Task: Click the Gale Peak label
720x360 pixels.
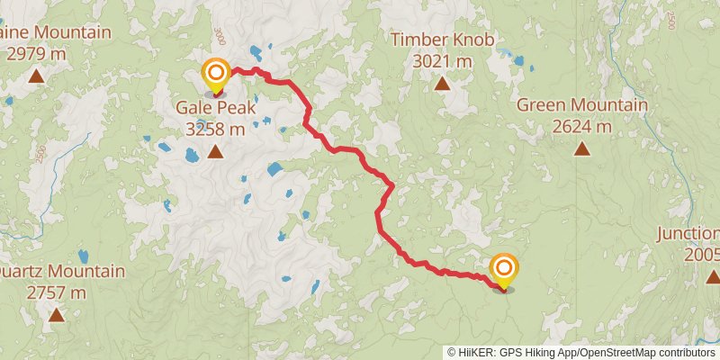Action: click(215, 109)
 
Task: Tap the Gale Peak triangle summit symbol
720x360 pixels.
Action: click(215, 151)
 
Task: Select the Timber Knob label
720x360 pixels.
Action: click(441, 40)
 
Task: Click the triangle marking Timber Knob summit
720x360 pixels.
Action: click(442, 84)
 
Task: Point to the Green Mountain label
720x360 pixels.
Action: click(581, 106)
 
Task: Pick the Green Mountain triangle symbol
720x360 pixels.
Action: click(581, 149)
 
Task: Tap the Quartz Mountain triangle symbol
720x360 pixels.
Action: click(56, 314)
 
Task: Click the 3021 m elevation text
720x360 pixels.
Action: click(441, 61)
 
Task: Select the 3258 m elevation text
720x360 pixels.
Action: click(215, 130)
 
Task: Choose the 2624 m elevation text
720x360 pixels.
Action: click(581, 127)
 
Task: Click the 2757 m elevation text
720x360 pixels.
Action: click(56, 292)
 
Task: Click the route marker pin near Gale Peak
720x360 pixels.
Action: click(215, 76)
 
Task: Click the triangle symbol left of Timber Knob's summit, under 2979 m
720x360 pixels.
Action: click(35, 76)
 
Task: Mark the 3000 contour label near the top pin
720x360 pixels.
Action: click(219, 37)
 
